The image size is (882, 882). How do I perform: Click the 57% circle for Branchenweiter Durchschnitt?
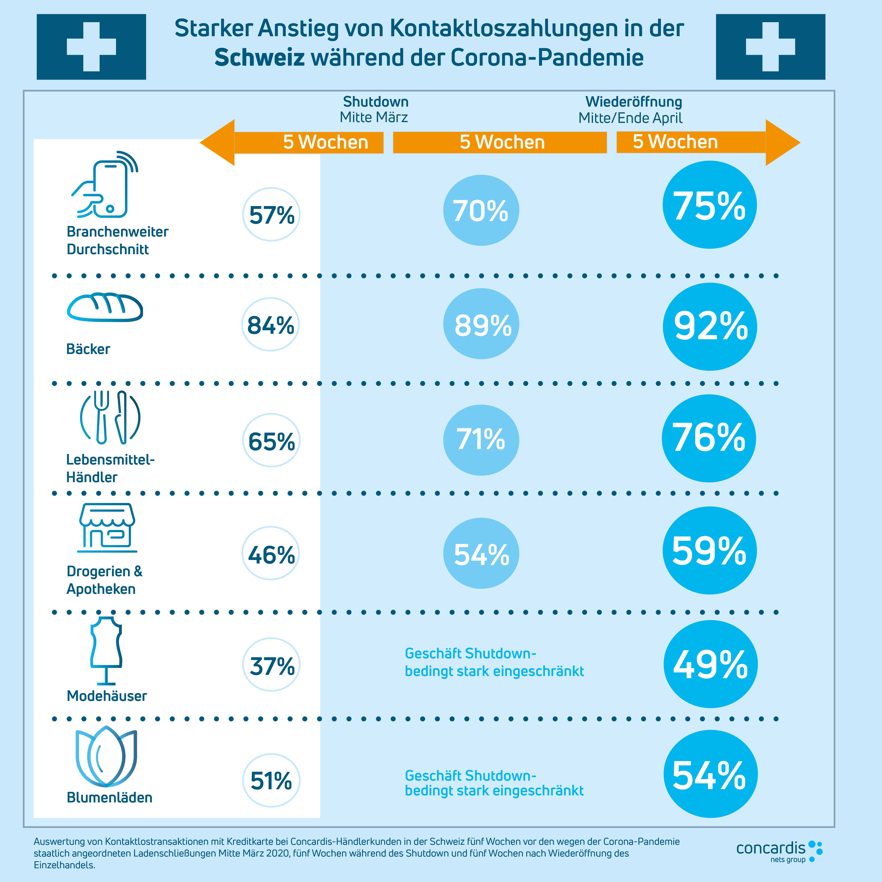(271, 215)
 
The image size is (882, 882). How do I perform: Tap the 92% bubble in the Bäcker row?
(710, 326)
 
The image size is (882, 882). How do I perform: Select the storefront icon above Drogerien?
(107, 527)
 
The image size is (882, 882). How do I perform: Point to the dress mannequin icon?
(106, 651)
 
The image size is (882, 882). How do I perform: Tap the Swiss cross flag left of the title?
(91, 47)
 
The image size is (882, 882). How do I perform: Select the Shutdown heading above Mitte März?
(376, 102)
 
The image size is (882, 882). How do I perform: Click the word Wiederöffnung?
(634, 102)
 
